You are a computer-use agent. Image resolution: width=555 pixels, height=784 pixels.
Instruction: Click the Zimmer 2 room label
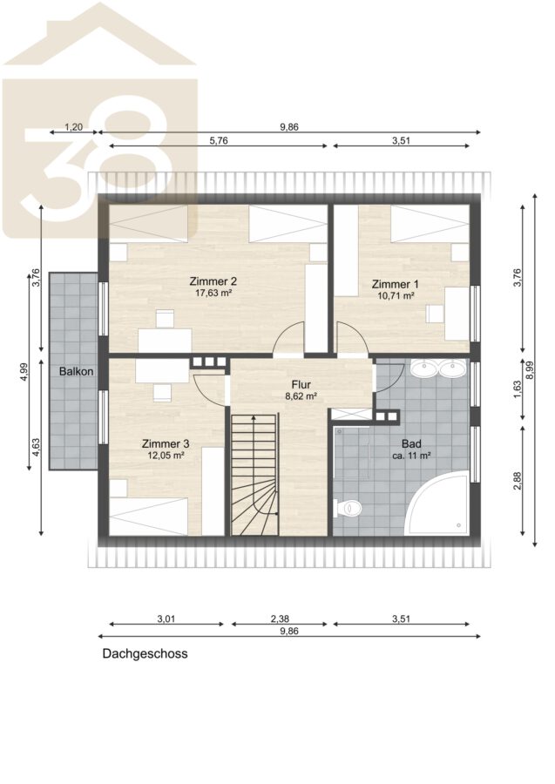pos(213,281)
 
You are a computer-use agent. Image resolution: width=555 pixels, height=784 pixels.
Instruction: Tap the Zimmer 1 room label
pos(395,284)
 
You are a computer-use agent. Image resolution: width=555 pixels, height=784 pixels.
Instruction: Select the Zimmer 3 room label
pos(166,443)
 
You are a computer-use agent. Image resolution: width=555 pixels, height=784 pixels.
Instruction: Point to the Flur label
pos(301,384)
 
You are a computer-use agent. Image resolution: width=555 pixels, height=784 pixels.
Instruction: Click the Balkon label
pos(76,371)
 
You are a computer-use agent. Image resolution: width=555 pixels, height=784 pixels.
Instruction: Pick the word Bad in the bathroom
pos(411,443)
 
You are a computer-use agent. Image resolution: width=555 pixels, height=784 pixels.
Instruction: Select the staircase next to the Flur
pos(254,474)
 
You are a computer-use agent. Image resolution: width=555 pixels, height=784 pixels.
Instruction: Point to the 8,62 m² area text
pos(301,396)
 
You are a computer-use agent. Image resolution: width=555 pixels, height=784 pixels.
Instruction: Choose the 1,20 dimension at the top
pos(74,127)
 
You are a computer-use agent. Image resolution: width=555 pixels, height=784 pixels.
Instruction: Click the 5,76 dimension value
pos(219,140)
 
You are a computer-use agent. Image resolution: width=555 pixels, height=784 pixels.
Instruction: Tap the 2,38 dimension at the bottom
pos(280,619)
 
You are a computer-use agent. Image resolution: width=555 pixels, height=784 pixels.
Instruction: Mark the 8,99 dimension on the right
pos(530,370)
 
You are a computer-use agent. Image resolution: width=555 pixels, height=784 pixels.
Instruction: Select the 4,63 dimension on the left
pos(36,447)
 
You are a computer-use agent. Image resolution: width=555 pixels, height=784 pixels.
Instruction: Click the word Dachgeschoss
pos(145,653)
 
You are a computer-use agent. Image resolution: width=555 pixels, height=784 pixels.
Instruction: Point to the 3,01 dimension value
pos(166,619)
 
